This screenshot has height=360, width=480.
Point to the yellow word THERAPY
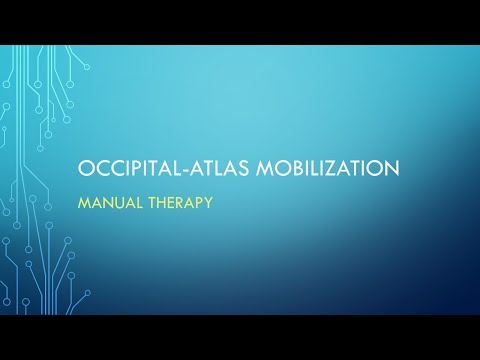pyautogui.click(x=183, y=200)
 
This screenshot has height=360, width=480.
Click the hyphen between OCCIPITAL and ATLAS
pyautogui.click(x=172, y=167)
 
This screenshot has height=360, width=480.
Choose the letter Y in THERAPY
pyautogui.click(x=210, y=200)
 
